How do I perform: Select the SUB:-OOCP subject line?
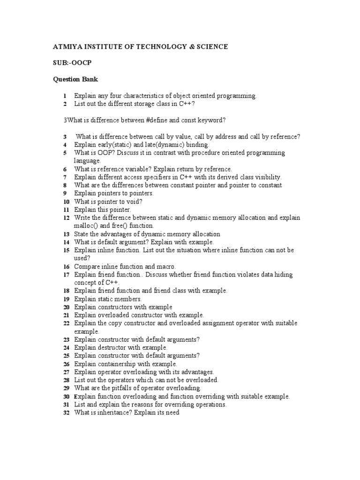click(x=70, y=63)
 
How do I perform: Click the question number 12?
click(x=66, y=218)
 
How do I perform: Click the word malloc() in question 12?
click(x=87, y=226)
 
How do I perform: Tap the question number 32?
click(x=66, y=412)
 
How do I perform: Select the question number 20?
click(x=66, y=307)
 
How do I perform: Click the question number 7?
click(x=66, y=177)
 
